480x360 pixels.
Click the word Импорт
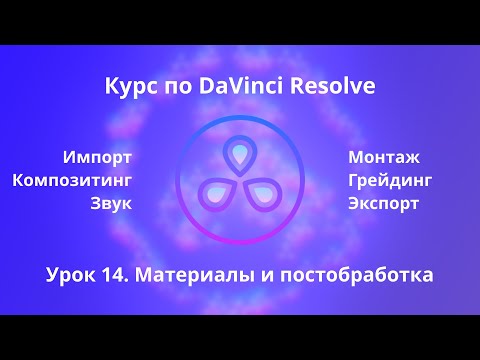pos(97,157)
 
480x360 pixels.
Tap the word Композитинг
pos(72,180)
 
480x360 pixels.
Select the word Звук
pos(111,203)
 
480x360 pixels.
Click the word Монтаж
pos(384,157)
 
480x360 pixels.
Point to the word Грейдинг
pos(390,180)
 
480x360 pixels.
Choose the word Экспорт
pos(383,203)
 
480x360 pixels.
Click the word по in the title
pos(176,87)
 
